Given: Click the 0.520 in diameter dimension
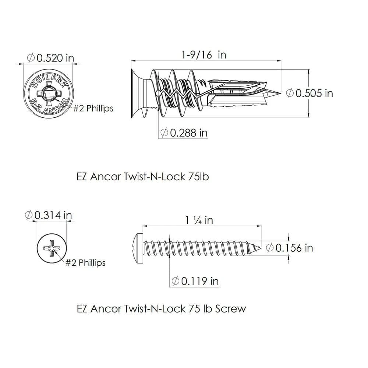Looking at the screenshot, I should [51, 58].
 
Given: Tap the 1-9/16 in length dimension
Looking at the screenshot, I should [204, 55].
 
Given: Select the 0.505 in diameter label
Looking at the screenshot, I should [309, 93].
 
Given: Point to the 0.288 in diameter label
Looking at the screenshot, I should [184, 132].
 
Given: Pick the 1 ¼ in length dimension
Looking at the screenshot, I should [199, 220].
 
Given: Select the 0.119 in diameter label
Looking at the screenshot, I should [195, 281].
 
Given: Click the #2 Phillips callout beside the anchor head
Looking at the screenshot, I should [93, 109].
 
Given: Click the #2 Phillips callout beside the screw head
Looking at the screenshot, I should [85, 263].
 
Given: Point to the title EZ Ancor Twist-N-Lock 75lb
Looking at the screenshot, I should [142, 177].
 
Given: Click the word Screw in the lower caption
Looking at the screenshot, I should [230, 308].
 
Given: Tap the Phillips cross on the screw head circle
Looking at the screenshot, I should [52, 248].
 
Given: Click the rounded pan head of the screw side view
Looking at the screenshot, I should [138, 246].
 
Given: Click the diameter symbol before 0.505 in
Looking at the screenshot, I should [290, 93].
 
